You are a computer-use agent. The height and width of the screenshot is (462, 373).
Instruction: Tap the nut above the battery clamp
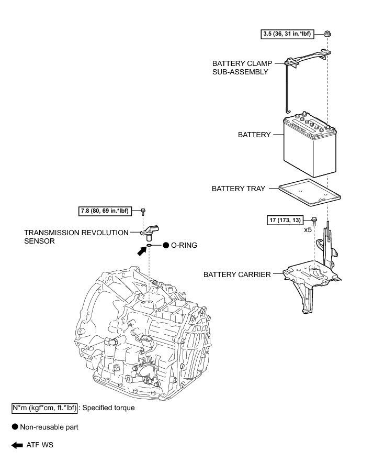coord(327,34)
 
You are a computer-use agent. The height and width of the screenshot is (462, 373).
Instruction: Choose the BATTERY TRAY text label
coord(238,188)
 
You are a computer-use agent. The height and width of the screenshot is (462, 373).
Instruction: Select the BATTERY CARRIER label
coord(237,274)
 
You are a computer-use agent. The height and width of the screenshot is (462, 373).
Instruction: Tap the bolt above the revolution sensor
coord(143,212)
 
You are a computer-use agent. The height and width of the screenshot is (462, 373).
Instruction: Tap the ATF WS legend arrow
coord(17,445)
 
